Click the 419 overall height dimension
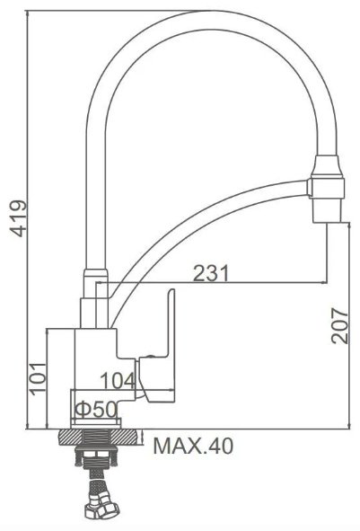tap(18, 218)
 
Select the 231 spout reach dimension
tap(211, 273)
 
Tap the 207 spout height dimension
tap(339, 326)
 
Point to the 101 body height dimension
tap(38, 378)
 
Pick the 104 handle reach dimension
tap(119, 381)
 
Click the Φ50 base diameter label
tap(96, 410)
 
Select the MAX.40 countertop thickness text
tap(193, 446)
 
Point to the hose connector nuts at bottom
tap(101, 508)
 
